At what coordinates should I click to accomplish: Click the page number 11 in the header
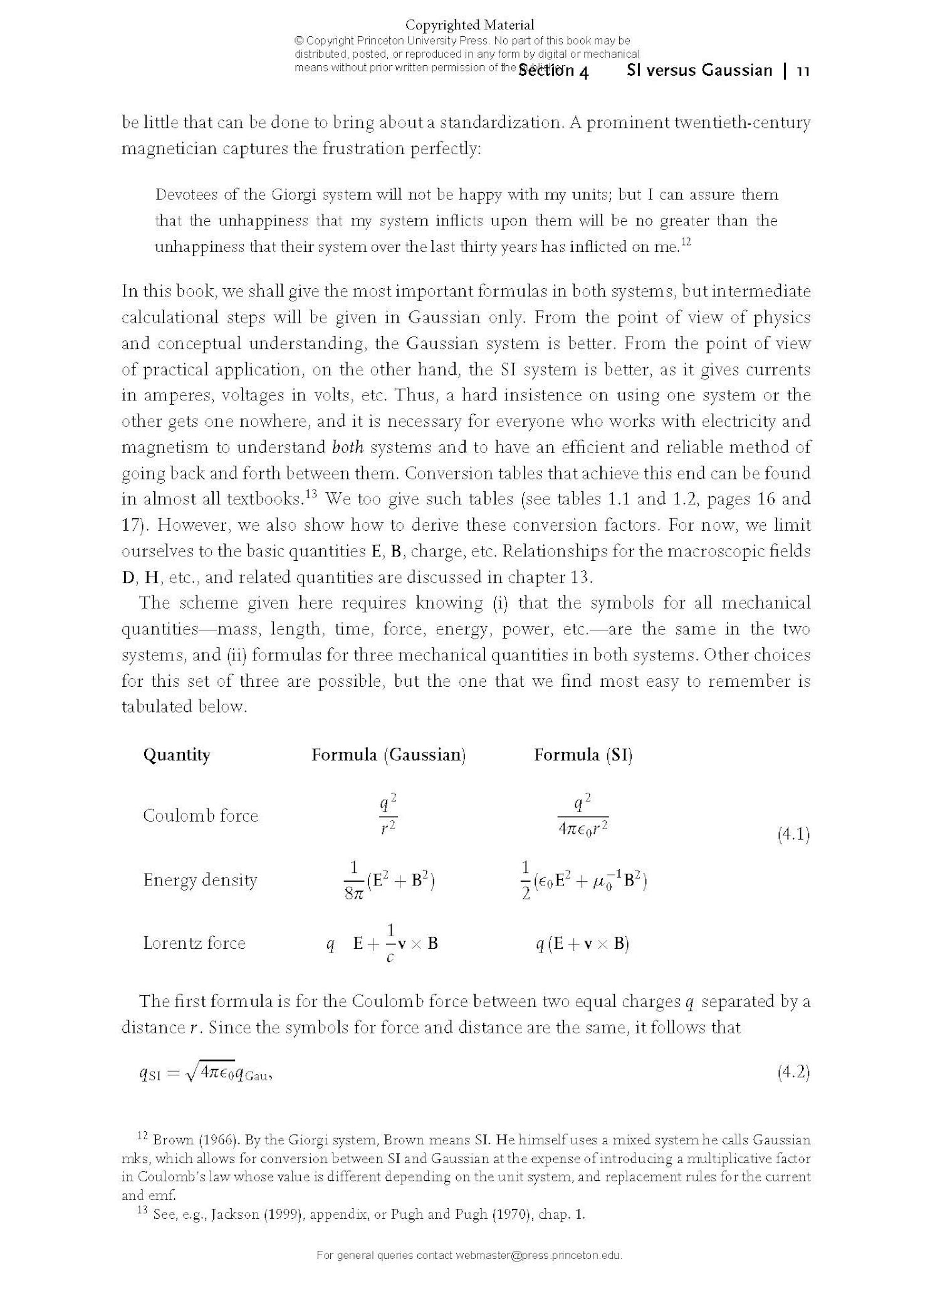(x=803, y=71)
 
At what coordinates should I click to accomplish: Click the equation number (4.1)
(x=793, y=835)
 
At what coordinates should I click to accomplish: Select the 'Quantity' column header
(x=177, y=755)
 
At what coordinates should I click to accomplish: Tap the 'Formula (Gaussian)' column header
(x=389, y=755)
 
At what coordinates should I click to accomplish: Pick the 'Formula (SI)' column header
(x=583, y=755)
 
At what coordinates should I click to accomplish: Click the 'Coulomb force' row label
(x=201, y=815)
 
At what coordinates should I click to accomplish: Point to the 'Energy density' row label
(x=200, y=880)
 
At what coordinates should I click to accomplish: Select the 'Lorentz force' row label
(x=194, y=943)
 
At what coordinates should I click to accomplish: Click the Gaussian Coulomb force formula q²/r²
(x=389, y=815)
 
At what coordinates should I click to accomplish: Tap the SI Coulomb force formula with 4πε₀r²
(x=583, y=815)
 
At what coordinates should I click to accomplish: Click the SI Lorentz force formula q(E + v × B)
(x=582, y=944)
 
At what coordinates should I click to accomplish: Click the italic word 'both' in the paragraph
(x=347, y=447)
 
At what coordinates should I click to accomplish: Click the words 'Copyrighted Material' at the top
(x=469, y=25)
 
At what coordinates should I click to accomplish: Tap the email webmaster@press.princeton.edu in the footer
(x=538, y=1255)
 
